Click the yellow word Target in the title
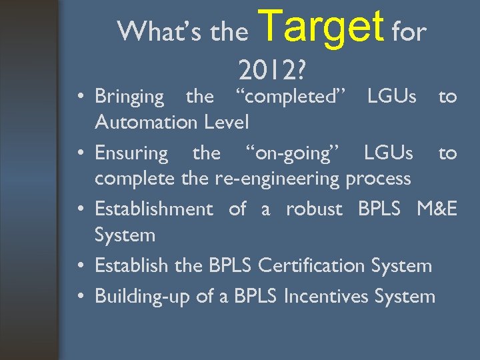321,25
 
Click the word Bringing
129,97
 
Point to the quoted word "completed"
290,97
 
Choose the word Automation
145,123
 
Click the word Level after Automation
224,123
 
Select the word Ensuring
131,153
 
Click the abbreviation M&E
437,209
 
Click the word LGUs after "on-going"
389,153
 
